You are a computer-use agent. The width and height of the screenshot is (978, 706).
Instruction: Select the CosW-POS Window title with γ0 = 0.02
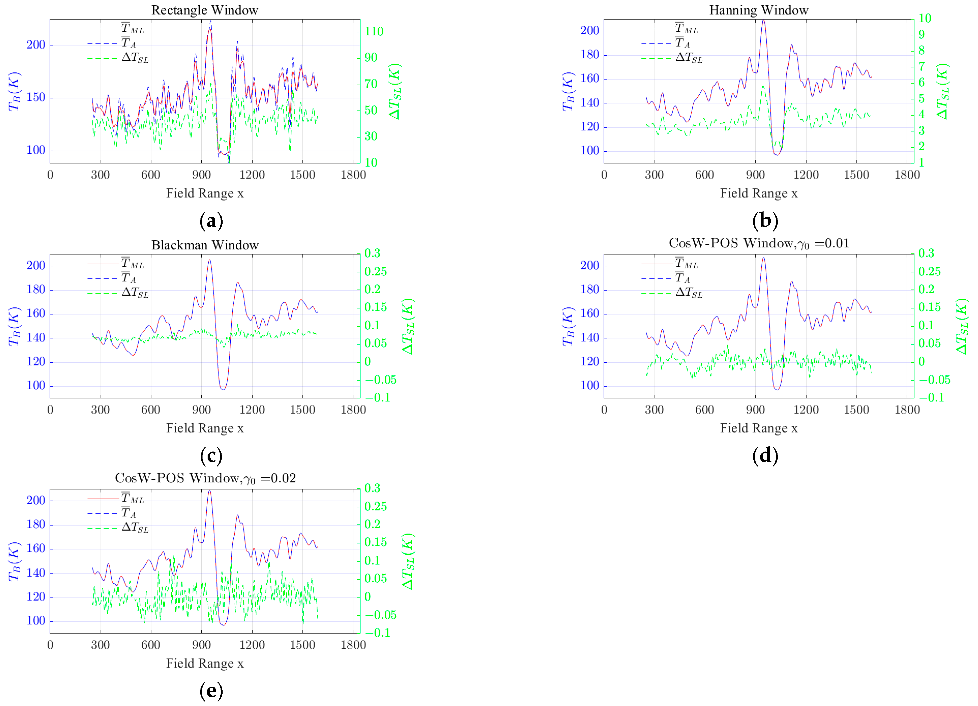click(205, 478)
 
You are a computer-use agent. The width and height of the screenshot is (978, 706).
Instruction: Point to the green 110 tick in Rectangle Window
click(374, 31)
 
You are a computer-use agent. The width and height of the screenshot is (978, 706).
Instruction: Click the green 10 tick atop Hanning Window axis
click(925, 18)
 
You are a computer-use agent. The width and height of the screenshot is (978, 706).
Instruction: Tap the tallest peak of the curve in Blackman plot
click(210, 260)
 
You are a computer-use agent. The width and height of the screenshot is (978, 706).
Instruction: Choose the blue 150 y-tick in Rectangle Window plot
click(36, 98)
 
